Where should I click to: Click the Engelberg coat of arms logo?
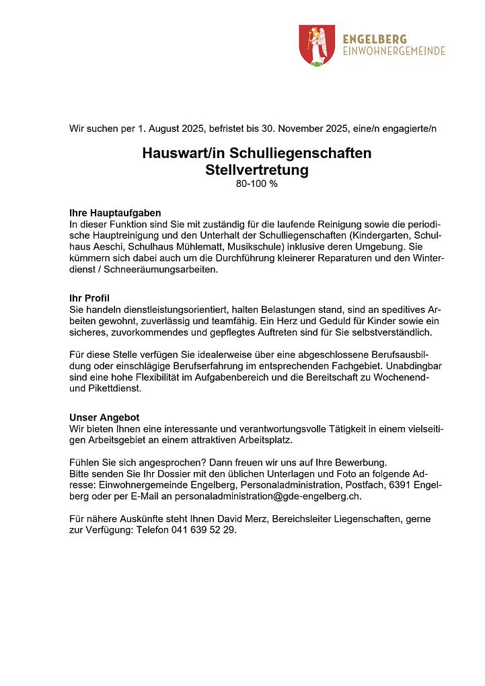tap(316, 45)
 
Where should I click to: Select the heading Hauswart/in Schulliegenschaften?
tap(256, 153)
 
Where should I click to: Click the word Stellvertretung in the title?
tap(256, 170)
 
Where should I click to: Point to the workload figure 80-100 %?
tap(256, 184)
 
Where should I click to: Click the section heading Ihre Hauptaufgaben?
tap(115, 213)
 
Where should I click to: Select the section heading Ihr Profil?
tap(89, 298)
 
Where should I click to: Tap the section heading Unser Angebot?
tap(104, 418)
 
